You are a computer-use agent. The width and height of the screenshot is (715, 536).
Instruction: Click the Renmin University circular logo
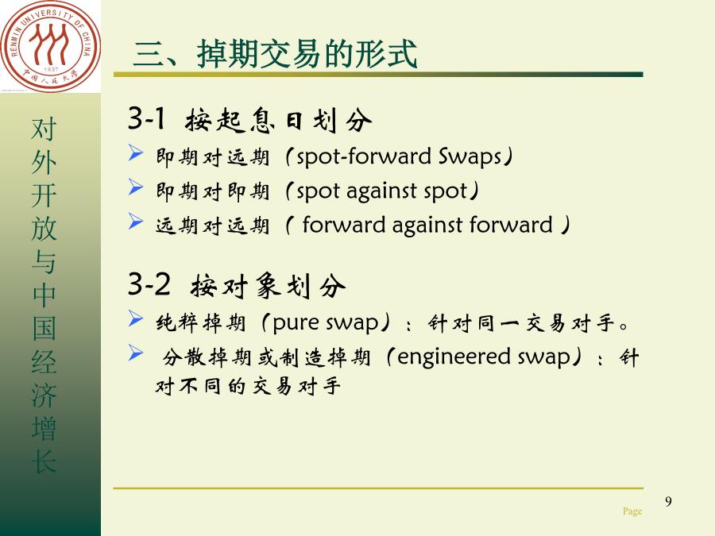click(x=50, y=46)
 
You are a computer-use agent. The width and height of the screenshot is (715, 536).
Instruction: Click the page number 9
click(x=668, y=501)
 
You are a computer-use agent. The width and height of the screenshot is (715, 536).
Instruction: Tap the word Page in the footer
click(x=632, y=511)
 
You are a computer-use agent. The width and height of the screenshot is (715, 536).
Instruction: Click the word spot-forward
click(x=364, y=156)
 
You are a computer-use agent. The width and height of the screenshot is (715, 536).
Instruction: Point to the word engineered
click(x=454, y=357)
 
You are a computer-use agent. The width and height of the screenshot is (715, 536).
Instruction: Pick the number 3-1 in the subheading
click(x=146, y=118)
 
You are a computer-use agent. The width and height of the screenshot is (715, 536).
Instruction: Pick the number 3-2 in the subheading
click(x=149, y=284)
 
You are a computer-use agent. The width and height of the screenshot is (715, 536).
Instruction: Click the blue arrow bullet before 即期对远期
click(x=135, y=152)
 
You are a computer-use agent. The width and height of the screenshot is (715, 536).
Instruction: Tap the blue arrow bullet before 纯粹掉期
click(x=135, y=318)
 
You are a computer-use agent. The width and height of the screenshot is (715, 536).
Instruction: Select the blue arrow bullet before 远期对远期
click(x=135, y=221)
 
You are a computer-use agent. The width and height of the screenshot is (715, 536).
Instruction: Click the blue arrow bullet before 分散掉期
click(x=135, y=353)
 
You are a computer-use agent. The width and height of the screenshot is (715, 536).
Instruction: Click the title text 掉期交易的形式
click(x=307, y=54)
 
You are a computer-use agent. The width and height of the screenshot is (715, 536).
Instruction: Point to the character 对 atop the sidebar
click(x=44, y=129)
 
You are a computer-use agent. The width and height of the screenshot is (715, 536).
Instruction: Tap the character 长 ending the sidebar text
click(x=44, y=461)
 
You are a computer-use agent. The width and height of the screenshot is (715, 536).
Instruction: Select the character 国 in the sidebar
click(x=44, y=328)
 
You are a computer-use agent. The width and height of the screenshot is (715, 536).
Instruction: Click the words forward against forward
click(x=427, y=226)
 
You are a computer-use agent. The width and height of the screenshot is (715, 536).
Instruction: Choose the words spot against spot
click(x=381, y=191)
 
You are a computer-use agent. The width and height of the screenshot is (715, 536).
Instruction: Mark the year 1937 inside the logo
click(x=51, y=70)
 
